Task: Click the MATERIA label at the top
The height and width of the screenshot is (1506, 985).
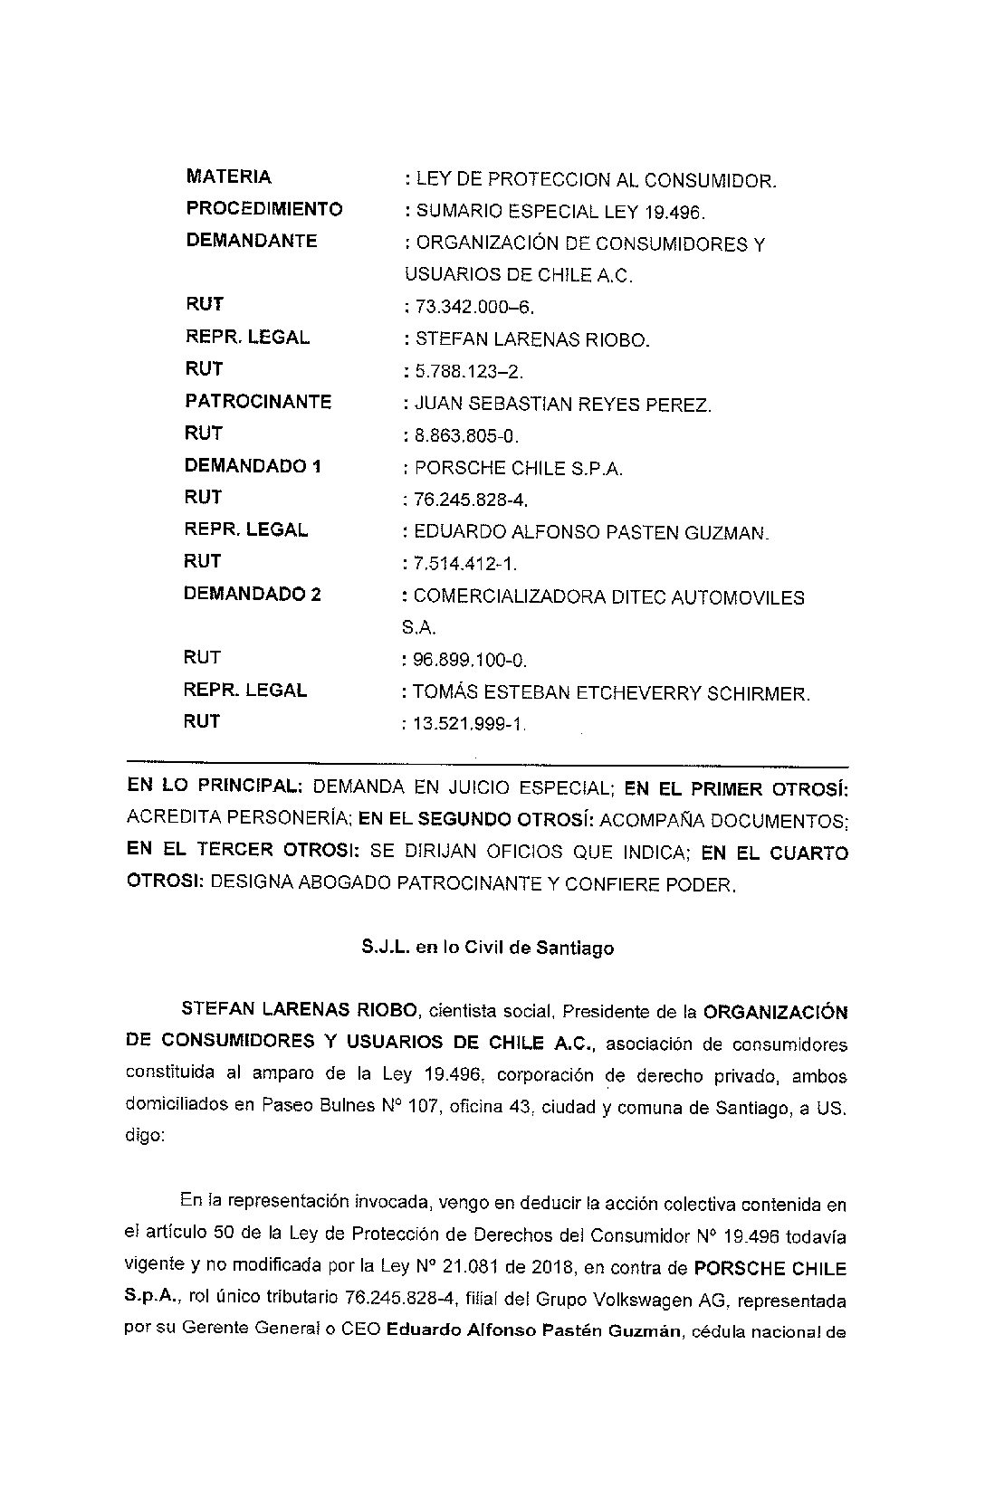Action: tap(228, 176)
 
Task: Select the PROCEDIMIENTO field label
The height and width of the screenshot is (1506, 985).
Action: tap(264, 209)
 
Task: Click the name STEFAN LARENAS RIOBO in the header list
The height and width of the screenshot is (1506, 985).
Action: tap(532, 340)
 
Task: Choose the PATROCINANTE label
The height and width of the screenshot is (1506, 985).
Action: tap(258, 401)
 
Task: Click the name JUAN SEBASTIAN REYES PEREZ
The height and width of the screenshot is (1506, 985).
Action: tap(562, 405)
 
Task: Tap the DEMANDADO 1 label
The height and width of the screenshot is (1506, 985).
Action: tap(253, 466)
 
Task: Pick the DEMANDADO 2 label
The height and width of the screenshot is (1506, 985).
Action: tap(253, 594)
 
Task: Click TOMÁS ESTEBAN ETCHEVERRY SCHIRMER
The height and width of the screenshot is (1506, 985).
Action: tap(611, 693)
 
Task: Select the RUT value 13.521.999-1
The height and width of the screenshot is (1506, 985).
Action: tap(468, 724)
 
